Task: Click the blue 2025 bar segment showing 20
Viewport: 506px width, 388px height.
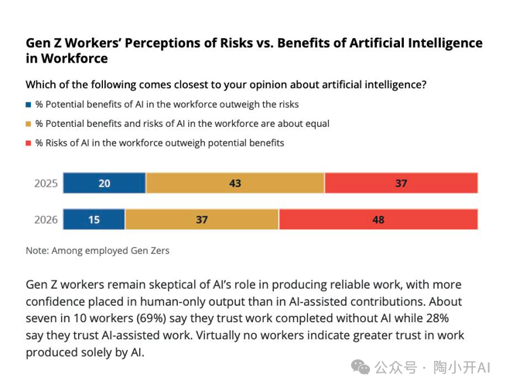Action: (104, 184)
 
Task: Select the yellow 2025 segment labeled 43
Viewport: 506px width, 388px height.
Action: (235, 184)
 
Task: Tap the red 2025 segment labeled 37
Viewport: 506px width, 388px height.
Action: (401, 184)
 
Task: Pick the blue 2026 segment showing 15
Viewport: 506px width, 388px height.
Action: (94, 220)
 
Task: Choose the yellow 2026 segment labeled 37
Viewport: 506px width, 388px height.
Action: (202, 220)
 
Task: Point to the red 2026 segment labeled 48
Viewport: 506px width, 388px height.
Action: (378, 220)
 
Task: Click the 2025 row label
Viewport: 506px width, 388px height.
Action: (46, 184)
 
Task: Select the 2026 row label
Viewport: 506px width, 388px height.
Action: (46, 220)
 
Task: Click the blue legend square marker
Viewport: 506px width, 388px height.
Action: (29, 104)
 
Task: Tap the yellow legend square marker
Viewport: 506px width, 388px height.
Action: (29, 124)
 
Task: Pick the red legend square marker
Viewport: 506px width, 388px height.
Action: (29, 143)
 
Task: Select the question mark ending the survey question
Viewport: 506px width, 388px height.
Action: (425, 84)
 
